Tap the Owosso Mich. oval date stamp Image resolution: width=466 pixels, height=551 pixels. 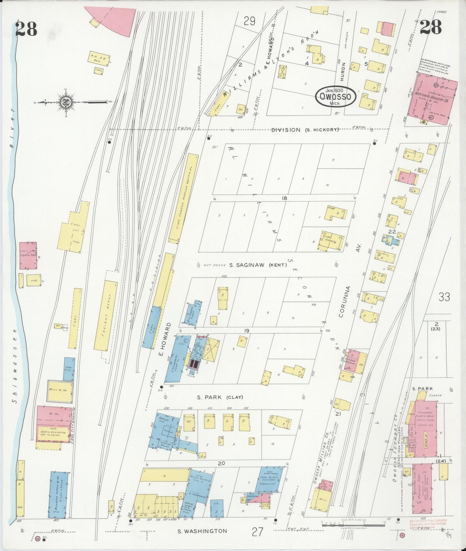pyautogui.click(x=335, y=96)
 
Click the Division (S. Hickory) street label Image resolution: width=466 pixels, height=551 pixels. pyautogui.click(x=305, y=130)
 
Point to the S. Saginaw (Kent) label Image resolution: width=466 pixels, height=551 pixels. pyautogui.click(x=258, y=265)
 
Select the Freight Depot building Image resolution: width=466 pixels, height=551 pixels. pyautogui.click(x=105, y=316)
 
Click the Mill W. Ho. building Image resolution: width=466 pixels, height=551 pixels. pyautogui.click(x=60, y=391)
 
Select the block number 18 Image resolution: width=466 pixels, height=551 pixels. pyautogui.click(x=284, y=198)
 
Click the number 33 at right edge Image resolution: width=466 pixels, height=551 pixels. pyautogui.click(x=444, y=297)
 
